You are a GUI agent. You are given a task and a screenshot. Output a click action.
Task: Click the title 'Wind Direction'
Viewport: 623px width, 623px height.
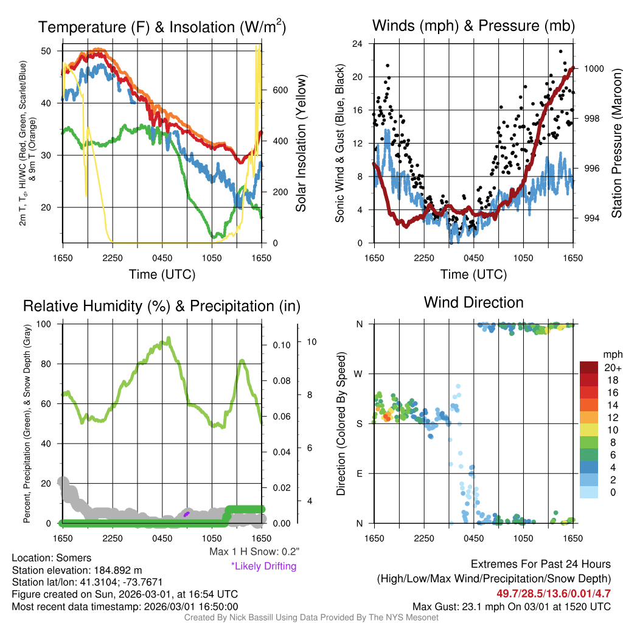pos(473,302)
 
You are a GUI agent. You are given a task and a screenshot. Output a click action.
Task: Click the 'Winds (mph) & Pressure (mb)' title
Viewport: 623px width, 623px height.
pos(473,26)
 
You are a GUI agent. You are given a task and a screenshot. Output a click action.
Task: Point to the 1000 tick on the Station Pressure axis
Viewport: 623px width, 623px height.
pos(593,69)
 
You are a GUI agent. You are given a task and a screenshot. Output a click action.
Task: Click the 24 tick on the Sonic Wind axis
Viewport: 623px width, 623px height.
pos(357,44)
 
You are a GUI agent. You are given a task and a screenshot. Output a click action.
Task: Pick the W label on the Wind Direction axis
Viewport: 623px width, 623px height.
pos(360,374)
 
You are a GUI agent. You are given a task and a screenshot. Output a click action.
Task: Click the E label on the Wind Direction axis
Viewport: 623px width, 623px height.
pos(360,473)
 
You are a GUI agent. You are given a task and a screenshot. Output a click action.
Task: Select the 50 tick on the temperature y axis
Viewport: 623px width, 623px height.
pos(46,50)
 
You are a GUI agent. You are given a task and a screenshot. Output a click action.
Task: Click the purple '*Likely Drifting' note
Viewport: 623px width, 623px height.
pos(263,566)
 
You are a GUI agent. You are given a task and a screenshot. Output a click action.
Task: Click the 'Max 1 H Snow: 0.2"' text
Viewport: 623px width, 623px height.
pos(254,552)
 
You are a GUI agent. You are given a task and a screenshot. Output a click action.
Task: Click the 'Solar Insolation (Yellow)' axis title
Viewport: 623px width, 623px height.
pos(301,143)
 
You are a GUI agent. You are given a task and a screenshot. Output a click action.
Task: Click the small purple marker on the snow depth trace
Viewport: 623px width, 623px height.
pos(187,514)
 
